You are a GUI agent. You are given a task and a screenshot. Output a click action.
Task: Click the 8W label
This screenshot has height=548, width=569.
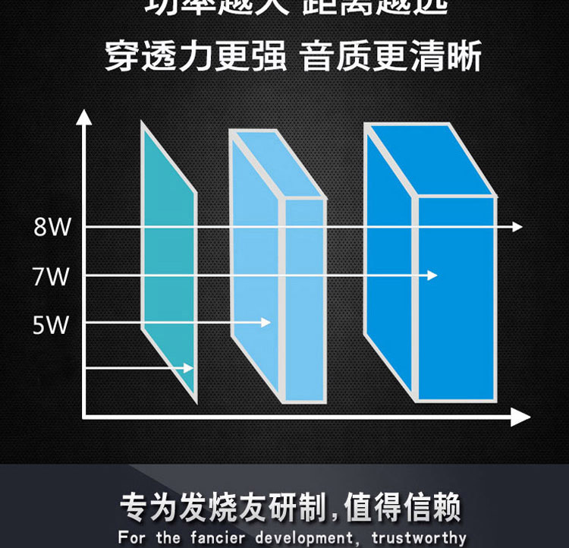pos(51,227)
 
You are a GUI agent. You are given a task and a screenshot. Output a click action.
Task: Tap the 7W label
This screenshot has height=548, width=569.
pos(51,276)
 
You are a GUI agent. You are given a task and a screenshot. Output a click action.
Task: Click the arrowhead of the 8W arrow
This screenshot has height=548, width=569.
pos(517,227)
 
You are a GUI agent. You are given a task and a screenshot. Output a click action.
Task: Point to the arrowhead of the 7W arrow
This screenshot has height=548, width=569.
pos(432,275)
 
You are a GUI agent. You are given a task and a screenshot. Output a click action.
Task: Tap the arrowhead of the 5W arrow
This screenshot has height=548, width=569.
pos(266,323)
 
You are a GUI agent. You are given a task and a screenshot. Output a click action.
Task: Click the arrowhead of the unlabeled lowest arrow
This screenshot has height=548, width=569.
pos(189,368)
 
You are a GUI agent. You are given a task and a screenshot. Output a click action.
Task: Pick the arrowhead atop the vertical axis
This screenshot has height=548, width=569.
pos(83,118)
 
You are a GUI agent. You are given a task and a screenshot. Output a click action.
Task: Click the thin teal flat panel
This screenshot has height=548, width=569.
pos(168,258)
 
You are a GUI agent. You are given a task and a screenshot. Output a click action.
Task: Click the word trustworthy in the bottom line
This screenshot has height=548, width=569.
pos(419,538)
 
